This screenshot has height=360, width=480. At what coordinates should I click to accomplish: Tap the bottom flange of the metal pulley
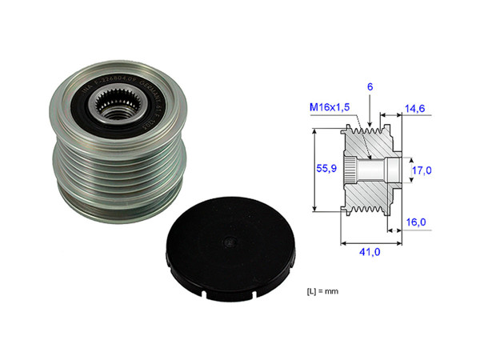(x=120, y=212)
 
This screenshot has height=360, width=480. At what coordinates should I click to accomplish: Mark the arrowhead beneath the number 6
(x=371, y=126)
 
